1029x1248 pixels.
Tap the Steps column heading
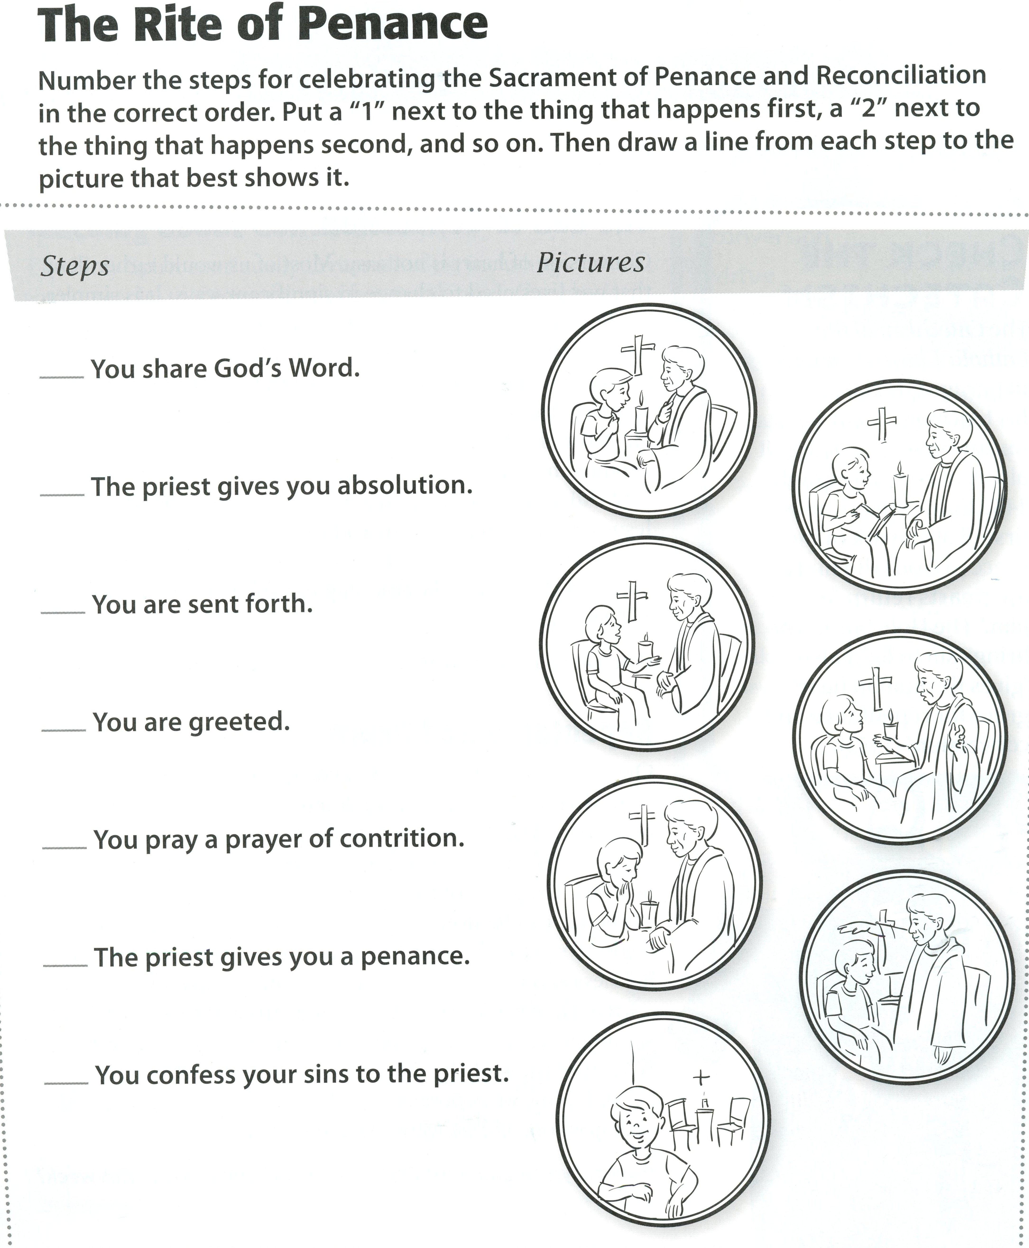pyautogui.click(x=75, y=266)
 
